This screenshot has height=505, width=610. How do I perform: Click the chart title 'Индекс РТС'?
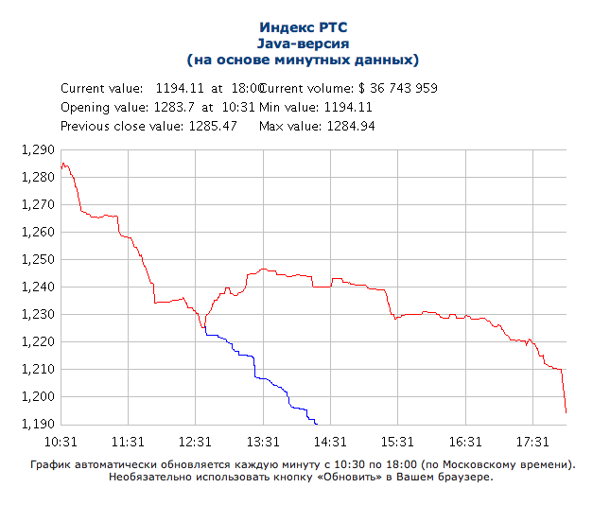303,28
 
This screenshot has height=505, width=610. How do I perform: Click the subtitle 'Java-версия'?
303,44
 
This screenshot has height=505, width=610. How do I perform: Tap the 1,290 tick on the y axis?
38,149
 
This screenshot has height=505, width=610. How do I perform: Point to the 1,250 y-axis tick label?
38,259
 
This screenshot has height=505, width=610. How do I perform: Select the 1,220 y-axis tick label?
38,341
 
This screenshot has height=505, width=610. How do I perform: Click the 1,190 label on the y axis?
38,424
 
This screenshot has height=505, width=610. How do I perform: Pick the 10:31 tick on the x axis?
60,442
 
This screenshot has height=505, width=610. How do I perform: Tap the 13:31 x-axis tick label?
263,442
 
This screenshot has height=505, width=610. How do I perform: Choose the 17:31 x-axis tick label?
533,442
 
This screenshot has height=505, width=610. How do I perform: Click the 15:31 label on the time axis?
398,442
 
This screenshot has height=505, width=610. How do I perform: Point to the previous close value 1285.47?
209,126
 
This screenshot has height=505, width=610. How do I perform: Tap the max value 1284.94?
351,126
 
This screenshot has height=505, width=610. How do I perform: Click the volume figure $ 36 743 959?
391,88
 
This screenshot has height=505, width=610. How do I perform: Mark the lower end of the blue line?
317,423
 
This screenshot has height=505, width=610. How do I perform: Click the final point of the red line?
566,412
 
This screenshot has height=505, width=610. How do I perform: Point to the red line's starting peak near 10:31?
62,164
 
